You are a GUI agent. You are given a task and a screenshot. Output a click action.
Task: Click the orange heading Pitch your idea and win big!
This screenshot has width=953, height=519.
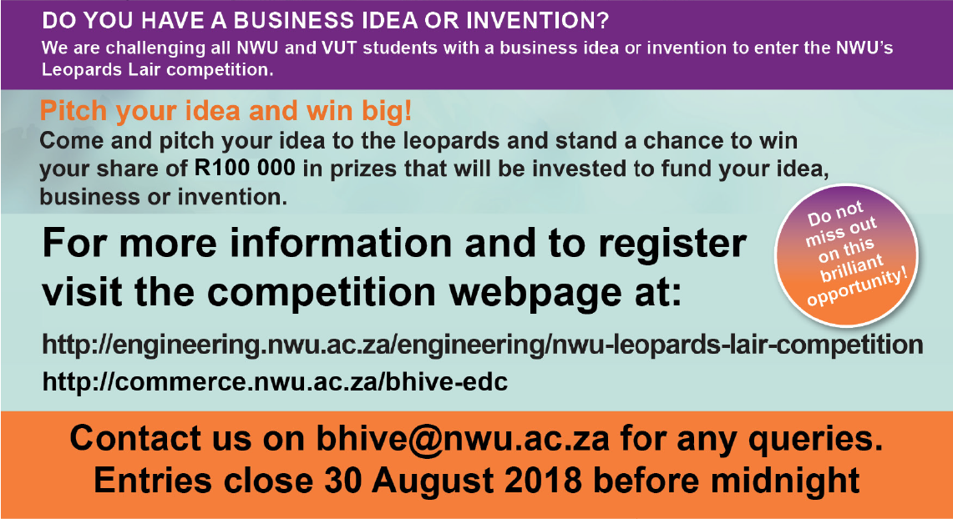coord(226,111)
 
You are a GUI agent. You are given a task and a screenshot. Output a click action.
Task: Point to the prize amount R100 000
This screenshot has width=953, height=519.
coord(245,169)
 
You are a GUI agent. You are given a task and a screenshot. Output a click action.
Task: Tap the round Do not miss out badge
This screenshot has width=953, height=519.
coord(847,255)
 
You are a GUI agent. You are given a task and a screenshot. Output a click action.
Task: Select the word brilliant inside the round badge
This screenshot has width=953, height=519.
coord(851,269)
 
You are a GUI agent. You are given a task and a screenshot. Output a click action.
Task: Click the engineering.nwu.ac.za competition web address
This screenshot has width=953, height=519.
coord(483,345)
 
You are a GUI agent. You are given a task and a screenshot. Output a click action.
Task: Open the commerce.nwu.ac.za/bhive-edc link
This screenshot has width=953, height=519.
coord(275,382)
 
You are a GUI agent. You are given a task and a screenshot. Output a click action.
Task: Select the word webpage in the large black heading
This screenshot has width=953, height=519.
coord(535,294)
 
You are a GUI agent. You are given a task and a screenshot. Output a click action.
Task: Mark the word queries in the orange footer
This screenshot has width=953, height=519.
coord(815,440)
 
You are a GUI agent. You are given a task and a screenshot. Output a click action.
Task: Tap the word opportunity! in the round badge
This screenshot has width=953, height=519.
coord(858,289)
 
